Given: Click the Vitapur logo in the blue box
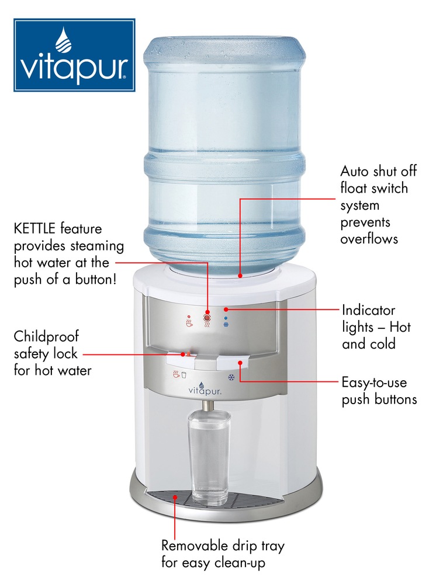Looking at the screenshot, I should [x=74, y=55].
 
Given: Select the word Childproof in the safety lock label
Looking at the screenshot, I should [x=46, y=336].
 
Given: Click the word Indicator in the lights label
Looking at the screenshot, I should [x=368, y=310].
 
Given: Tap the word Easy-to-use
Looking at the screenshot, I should [x=374, y=384].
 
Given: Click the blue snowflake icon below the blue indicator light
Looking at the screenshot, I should [x=226, y=325].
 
